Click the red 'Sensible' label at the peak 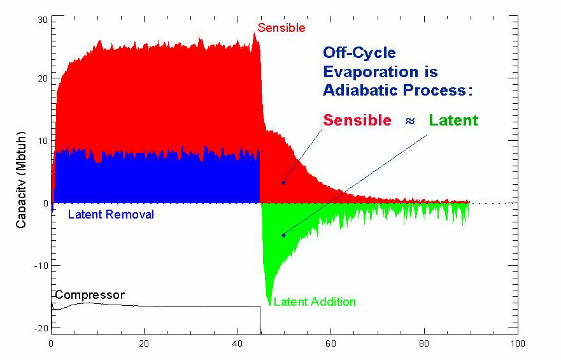281,28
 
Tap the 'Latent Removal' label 111,215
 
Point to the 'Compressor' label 90,295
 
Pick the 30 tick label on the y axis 42,20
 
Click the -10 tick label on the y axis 41,265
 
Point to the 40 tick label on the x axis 238,343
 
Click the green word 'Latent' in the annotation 453,120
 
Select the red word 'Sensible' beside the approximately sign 357,120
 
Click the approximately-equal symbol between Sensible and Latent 409,120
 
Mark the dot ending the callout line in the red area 283,183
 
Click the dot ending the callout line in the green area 283,235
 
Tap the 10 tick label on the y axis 42,141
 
